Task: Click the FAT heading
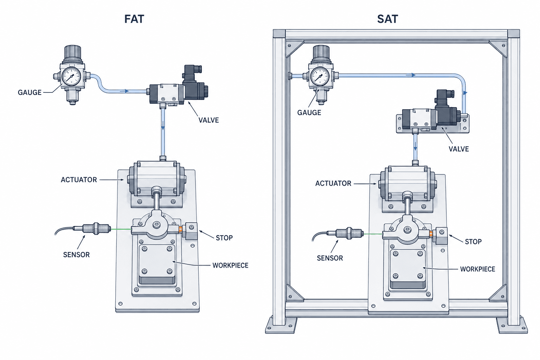134,19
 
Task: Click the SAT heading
387,19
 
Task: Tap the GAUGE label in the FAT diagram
30,92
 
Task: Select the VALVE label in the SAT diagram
458,149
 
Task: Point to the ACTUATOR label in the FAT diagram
79,180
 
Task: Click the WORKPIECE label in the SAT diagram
477,269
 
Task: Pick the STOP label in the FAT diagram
224,238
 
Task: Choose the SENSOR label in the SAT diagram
330,258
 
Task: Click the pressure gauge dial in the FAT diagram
71,76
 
